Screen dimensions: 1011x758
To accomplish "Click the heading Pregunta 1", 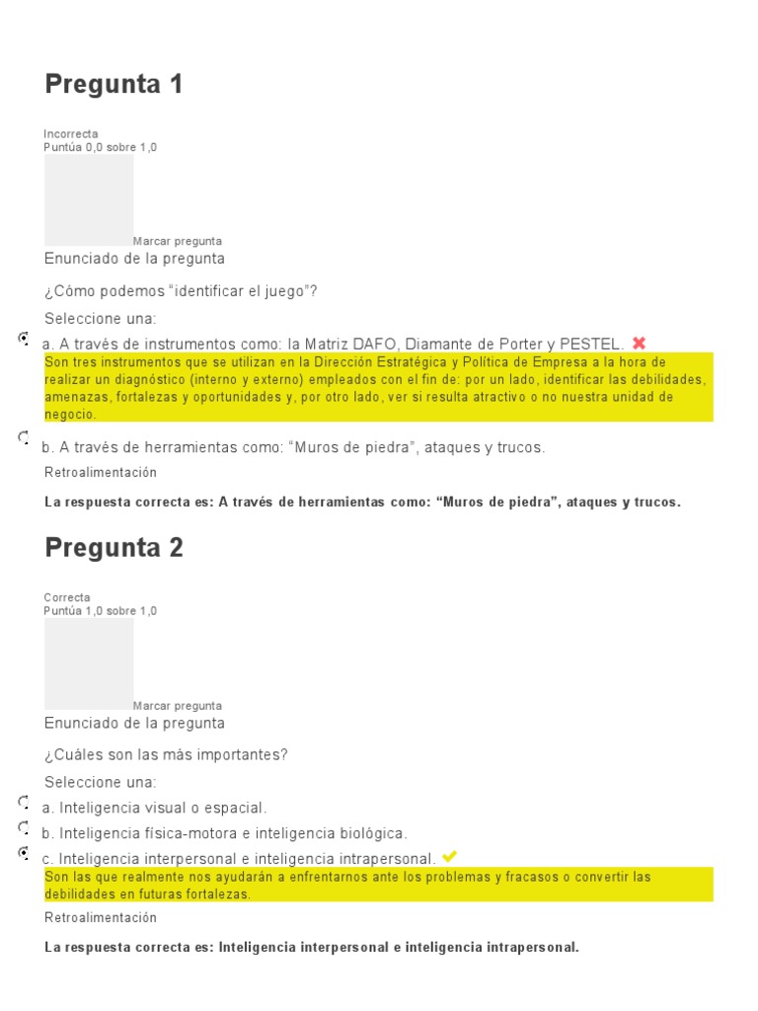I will pyautogui.click(x=114, y=85).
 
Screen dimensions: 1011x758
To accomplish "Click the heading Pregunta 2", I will pyautogui.click(x=114, y=548).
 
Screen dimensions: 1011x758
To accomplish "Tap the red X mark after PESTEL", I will pyautogui.click(x=639, y=343).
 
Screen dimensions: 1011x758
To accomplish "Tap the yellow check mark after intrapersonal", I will pyautogui.click(x=449, y=856).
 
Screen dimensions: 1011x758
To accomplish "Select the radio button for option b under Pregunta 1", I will pyautogui.click(x=24, y=436).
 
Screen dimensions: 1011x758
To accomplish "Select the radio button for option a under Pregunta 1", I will pyautogui.click(x=24, y=338).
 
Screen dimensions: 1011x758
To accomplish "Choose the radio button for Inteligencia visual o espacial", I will pyautogui.click(x=24, y=802).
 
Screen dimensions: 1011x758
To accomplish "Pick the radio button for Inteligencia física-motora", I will pyautogui.click(x=24, y=826).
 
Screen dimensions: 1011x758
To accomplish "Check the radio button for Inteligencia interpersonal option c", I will pyautogui.click(x=24, y=851).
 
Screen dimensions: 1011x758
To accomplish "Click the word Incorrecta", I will pyautogui.click(x=71, y=134).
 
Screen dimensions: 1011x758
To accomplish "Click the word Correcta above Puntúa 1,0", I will pyautogui.click(x=67, y=597).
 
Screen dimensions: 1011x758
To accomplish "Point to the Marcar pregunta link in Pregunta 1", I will pyautogui.click(x=178, y=241).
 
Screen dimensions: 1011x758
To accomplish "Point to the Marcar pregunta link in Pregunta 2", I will pyautogui.click(x=178, y=706).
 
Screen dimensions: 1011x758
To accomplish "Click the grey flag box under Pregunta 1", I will pyautogui.click(x=89, y=199).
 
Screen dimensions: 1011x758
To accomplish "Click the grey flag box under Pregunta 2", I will pyautogui.click(x=89, y=663).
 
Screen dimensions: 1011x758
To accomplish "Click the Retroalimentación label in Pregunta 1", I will pyautogui.click(x=101, y=473).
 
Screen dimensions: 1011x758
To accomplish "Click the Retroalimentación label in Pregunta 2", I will pyautogui.click(x=101, y=918).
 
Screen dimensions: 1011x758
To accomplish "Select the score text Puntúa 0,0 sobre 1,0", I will pyautogui.click(x=101, y=147).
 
